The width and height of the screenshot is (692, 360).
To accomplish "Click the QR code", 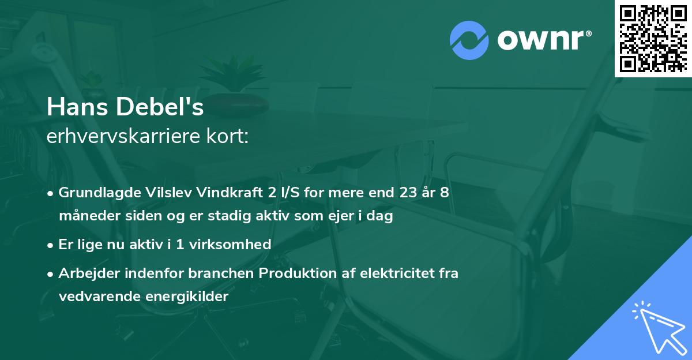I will (653, 39).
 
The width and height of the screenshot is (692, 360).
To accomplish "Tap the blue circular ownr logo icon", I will (470, 40).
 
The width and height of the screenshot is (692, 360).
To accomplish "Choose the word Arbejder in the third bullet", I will (85, 273).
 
